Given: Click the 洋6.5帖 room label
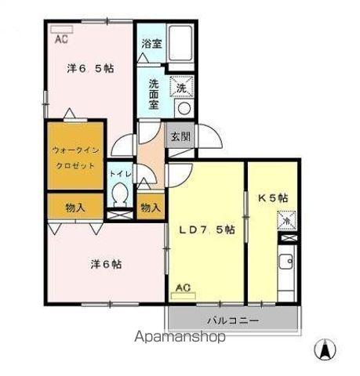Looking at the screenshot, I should point(89,69).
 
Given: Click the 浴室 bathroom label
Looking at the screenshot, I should point(151,45).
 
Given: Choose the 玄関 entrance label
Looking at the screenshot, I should point(180,136).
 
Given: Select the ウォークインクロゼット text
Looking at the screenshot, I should point(75,157).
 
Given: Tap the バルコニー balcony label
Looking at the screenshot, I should point(232,320).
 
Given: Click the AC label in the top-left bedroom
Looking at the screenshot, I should point(61,37).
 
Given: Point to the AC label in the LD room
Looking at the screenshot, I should point(183,287).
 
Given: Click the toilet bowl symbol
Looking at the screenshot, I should point(120,193).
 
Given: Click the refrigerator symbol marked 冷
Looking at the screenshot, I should point(287,221).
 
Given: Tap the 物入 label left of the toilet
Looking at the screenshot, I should point(75,208).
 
